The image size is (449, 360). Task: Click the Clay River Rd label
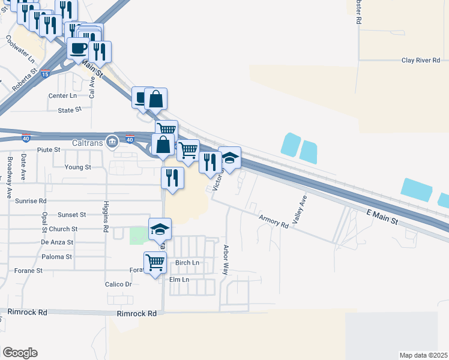[x=420, y=61]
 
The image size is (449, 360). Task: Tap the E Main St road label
[x=382, y=217]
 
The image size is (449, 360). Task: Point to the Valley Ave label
[x=299, y=209]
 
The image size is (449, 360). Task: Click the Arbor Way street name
[x=226, y=258]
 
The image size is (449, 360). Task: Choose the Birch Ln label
[x=187, y=263]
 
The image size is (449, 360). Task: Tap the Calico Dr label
[x=118, y=284]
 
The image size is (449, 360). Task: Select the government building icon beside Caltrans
[x=112, y=143]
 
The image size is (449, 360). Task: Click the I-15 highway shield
[x=47, y=69]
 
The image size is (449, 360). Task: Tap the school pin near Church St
[x=160, y=229]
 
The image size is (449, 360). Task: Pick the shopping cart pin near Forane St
[x=155, y=262]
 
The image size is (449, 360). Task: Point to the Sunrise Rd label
[x=31, y=201]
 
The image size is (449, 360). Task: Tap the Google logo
[x=20, y=352]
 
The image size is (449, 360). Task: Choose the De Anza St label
[x=57, y=242]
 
